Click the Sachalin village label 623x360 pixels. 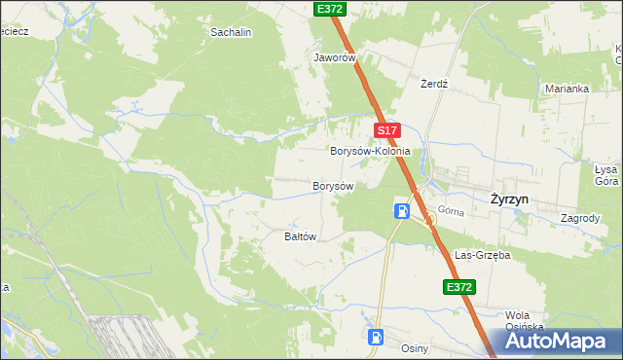coord(232,32)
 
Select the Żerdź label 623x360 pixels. coord(433,84)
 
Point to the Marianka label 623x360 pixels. coord(567,89)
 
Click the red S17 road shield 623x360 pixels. coord(386,129)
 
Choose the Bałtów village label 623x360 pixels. coord(301,236)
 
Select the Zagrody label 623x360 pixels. coord(580,219)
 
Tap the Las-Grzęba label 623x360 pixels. coord(483,255)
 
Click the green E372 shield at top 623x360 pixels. coord(330,8)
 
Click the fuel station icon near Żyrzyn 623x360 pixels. coord(401,210)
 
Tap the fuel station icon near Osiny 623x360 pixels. coord(375,338)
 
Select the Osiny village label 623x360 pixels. coord(415,347)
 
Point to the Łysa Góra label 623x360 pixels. coord(606,174)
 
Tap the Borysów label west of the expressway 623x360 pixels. coord(332,185)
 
